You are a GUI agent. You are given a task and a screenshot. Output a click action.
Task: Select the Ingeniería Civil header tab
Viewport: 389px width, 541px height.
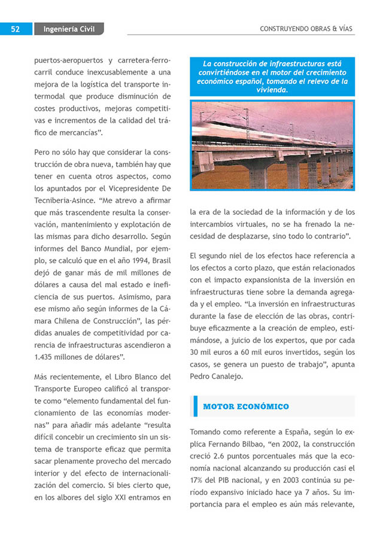point(69,29)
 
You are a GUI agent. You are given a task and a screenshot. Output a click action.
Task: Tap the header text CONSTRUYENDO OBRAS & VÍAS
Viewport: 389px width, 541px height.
point(307,29)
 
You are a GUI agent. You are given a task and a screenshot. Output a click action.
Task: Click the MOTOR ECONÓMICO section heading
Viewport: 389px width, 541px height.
point(246,407)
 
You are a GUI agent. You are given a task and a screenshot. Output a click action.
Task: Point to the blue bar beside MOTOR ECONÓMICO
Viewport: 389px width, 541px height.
point(195,406)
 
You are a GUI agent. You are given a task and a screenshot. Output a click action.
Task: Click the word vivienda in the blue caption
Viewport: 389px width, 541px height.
point(272,90)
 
